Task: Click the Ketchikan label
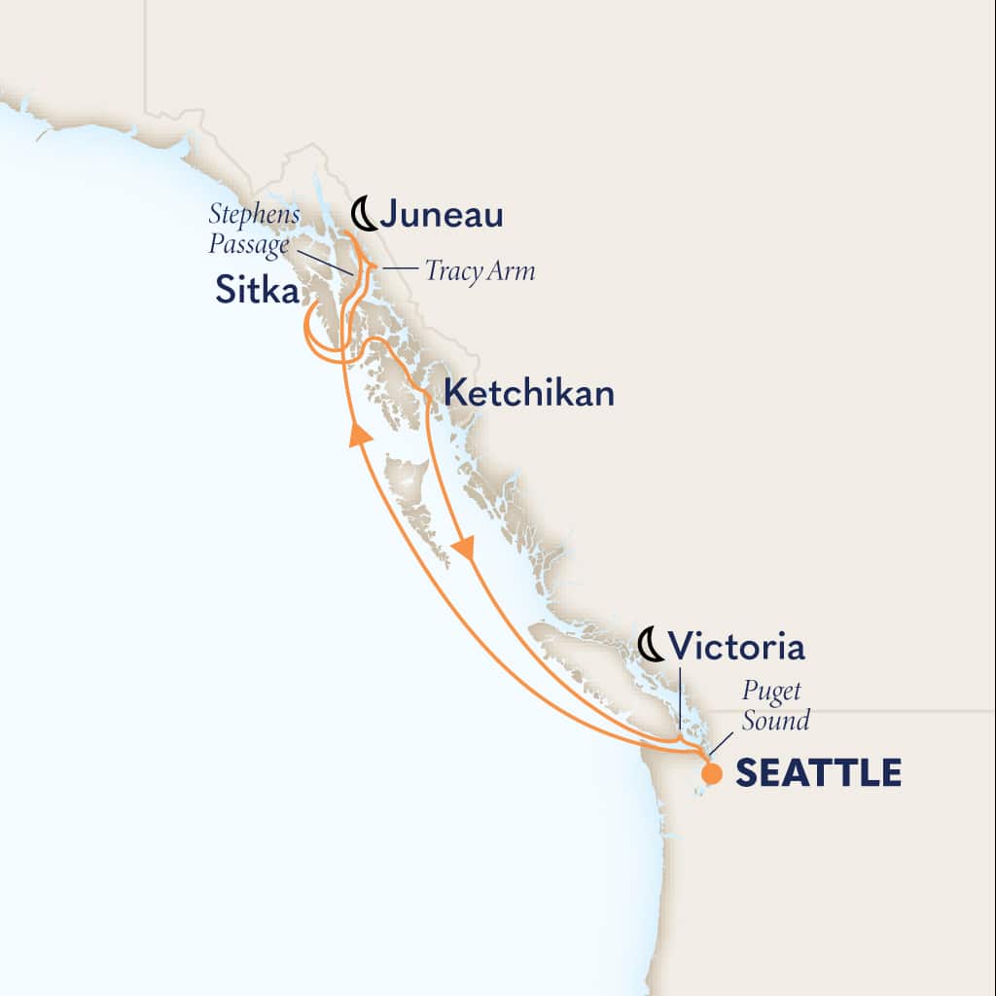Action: [528, 393]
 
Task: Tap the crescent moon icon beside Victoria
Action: [651, 644]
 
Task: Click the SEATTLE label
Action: [817, 773]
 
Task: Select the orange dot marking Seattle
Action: [712, 774]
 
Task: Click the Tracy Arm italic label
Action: [480, 270]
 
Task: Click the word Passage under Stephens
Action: [249, 244]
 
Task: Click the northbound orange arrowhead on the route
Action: [360, 433]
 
